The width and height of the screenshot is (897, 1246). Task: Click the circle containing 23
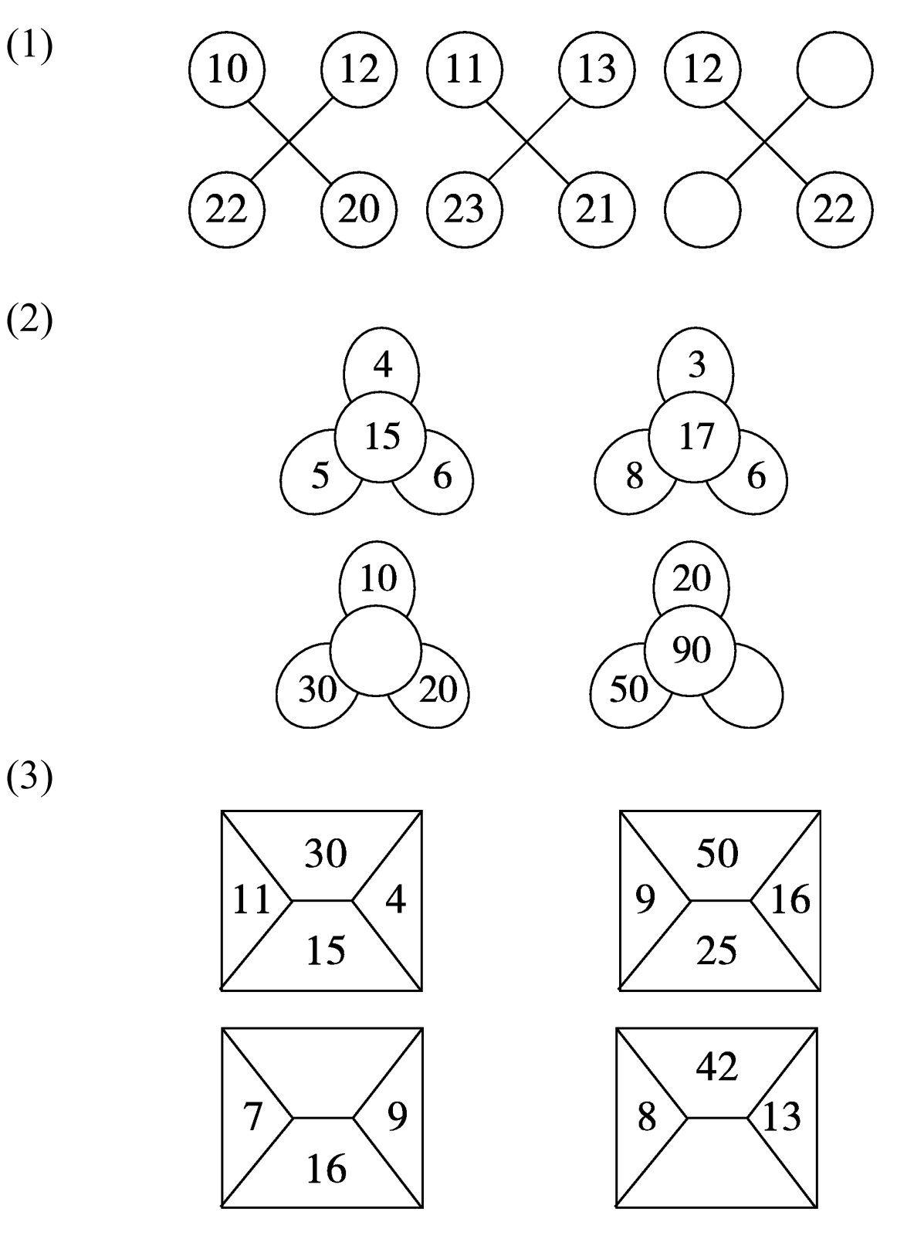pos(464,209)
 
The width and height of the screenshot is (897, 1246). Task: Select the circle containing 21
pos(596,209)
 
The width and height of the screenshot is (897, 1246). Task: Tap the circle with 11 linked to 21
pos(464,70)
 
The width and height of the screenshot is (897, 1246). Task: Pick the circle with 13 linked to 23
pos(596,70)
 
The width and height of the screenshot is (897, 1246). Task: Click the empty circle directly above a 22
pos(834,70)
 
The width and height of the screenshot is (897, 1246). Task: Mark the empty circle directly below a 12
pos(702,209)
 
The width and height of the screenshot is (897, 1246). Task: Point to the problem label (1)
pos(29,48)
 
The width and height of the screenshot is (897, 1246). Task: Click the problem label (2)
pos(29,321)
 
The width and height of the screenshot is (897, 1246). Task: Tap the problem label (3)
pos(29,779)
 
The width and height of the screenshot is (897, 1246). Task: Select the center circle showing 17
pos(695,437)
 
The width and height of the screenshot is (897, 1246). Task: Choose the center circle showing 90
pos(690,651)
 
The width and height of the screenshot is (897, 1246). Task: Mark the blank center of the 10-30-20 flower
pos(376,651)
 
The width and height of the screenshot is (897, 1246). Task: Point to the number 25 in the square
pos(717,951)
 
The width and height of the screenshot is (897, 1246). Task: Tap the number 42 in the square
pos(717,1067)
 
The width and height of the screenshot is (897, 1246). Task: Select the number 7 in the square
pos(253,1117)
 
